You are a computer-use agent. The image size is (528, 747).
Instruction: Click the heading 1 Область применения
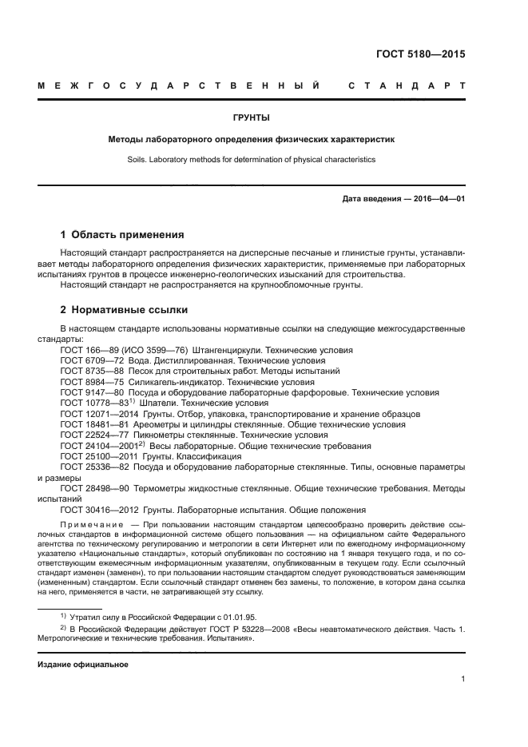(x=122, y=235)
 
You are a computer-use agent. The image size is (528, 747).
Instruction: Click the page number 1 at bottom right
(x=462, y=679)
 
